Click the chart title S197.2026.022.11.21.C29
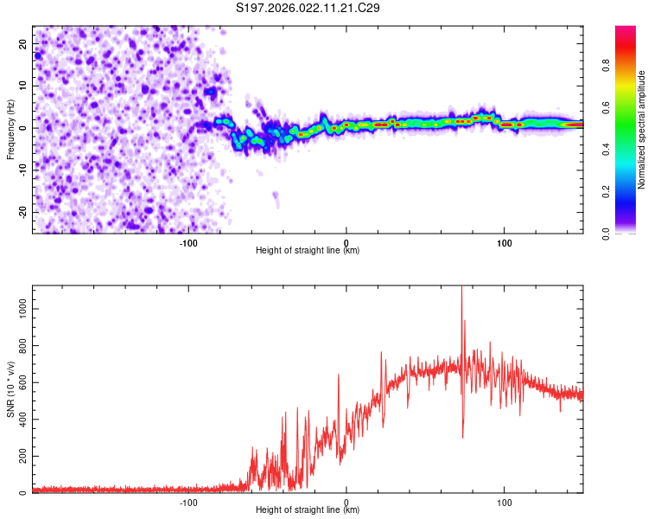click(308, 9)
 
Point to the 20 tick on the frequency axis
click(23, 43)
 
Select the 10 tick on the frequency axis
click(23, 86)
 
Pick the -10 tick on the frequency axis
click(22, 170)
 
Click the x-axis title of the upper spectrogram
click(308, 250)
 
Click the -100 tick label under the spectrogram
click(188, 241)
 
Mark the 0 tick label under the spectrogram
click(346, 241)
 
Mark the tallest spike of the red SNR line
click(461, 288)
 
